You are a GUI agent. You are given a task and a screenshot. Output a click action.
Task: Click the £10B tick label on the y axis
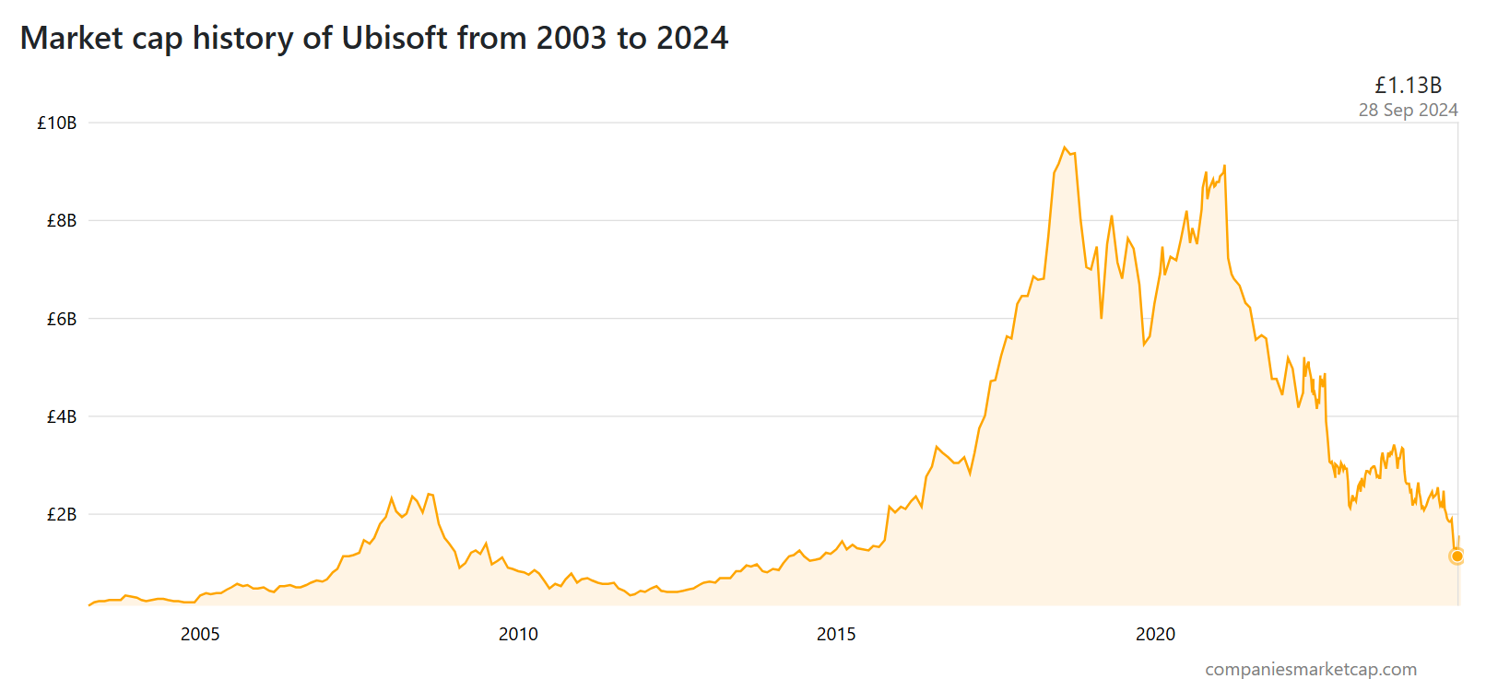point(57,123)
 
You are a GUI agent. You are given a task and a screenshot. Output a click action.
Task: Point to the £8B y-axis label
point(62,220)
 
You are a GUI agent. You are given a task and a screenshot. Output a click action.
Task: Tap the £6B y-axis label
point(62,319)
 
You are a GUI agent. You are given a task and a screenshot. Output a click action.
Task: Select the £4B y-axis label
point(62,416)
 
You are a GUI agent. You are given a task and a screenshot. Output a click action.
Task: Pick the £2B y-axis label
point(62,514)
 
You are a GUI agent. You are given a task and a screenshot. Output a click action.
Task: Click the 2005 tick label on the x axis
point(200,634)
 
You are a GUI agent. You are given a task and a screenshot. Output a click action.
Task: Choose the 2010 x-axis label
point(518,634)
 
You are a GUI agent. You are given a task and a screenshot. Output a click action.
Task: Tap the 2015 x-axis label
point(836,634)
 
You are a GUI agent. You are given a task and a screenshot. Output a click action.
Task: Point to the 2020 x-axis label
point(1155,634)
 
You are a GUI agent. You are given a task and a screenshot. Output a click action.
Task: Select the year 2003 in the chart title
point(572,38)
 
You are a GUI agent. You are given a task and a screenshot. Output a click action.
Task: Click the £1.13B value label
point(1408,86)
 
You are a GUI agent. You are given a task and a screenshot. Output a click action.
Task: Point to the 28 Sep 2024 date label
point(1408,111)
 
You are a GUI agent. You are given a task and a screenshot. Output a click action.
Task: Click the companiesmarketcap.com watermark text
point(1311,669)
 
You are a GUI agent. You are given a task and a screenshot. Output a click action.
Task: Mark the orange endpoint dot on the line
point(1457,556)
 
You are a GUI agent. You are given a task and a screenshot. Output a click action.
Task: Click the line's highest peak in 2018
point(1065,147)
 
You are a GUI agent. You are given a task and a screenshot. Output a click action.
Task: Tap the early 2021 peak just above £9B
point(1224,166)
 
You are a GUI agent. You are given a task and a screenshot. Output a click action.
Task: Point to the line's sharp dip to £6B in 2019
point(1102,318)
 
